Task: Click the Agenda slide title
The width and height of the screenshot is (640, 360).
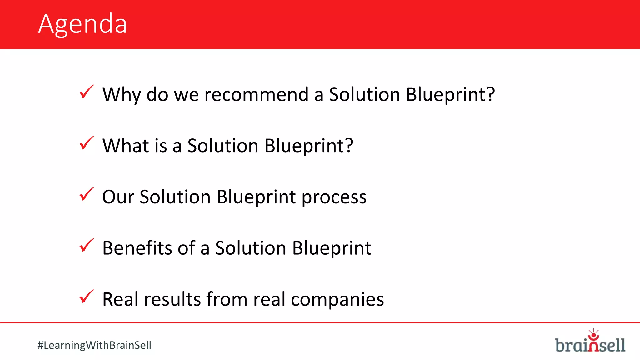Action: tap(82, 24)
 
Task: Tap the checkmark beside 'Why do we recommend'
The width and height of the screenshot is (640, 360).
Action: tap(86, 92)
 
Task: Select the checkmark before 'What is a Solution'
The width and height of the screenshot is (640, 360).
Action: tap(86, 143)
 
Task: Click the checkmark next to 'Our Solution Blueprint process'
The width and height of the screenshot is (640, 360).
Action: tap(86, 194)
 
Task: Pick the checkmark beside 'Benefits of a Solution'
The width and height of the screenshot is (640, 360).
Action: tap(86, 246)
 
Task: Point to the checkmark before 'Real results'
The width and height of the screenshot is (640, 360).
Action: tap(86, 297)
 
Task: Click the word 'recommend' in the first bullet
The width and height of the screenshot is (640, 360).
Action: tap(256, 94)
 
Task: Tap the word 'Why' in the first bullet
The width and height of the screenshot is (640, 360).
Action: tap(122, 94)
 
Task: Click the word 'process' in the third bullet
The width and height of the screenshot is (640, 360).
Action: tap(334, 197)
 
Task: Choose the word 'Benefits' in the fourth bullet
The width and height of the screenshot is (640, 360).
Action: tap(137, 248)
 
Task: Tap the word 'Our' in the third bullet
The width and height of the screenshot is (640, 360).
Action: tap(118, 197)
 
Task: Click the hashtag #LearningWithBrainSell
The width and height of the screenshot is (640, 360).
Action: tap(94, 345)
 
